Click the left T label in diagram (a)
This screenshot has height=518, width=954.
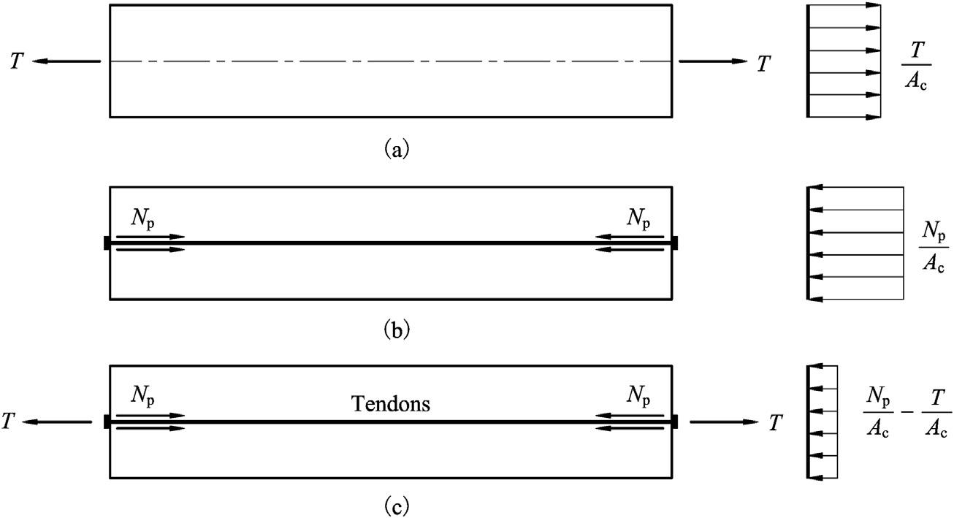click(x=16, y=62)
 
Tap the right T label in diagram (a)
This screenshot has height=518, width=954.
click(x=763, y=63)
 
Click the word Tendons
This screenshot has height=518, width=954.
click(x=390, y=404)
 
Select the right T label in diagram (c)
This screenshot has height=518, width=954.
click(x=776, y=423)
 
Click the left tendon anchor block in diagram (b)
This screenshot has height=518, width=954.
click(x=107, y=243)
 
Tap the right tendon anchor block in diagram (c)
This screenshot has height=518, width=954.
click(x=674, y=422)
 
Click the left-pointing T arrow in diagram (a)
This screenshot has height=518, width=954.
click(x=66, y=61)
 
